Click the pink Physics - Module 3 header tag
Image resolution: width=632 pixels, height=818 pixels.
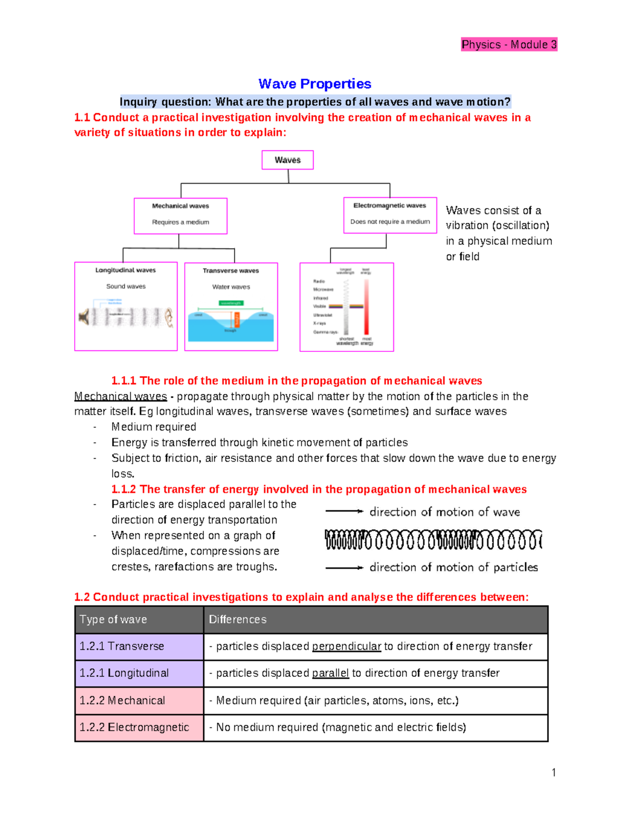pyautogui.click(x=509, y=45)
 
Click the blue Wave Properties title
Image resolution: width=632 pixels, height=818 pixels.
pyautogui.click(x=314, y=84)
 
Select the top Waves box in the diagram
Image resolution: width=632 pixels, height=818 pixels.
pyautogui.click(x=288, y=160)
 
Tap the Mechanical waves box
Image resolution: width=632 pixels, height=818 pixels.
pyautogui.click(x=181, y=215)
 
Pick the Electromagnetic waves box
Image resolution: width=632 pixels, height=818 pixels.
pyautogui.click(x=390, y=215)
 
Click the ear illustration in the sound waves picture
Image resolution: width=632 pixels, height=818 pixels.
pyautogui.click(x=169, y=318)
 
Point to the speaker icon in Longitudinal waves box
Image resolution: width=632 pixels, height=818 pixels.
pyautogui.click(x=84, y=317)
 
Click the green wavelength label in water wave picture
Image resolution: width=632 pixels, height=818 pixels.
pyautogui.click(x=231, y=303)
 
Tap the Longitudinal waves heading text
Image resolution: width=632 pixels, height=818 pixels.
pyautogui.click(x=125, y=270)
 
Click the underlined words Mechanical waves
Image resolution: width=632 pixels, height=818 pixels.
pyautogui.click(x=121, y=396)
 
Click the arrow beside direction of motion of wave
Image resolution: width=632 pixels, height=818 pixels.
pyautogui.click(x=344, y=511)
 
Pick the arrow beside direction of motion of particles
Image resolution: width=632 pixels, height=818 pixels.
pyautogui.click(x=344, y=568)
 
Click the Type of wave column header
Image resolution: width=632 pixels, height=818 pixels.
pyautogui.click(x=113, y=619)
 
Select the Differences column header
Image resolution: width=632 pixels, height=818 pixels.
pyautogui.click(x=238, y=619)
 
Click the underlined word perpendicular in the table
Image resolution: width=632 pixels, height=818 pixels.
pyautogui.click(x=347, y=646)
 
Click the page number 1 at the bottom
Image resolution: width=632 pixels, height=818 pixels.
pyautogui.click(x=554, y=773)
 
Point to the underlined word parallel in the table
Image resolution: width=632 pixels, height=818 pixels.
pyautogui.click(x=330, y=673)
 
